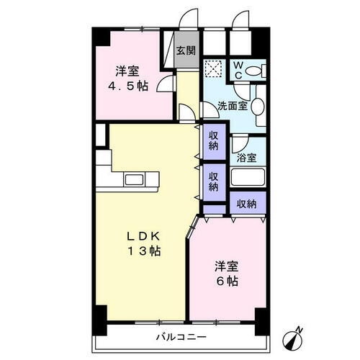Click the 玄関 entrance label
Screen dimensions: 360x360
(x=185, y=50)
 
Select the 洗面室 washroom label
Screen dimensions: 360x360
(x=233, y=106)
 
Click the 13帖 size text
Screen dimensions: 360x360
(x=144, y=251)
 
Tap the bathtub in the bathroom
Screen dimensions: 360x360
(x=248, y=179)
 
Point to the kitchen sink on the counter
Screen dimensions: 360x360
(x=135, y=179)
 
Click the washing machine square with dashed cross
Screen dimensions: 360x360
(x=213, y=68)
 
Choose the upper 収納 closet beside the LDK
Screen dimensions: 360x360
(x=214, y=140)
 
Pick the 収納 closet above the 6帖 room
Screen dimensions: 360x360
(x=246, y=204)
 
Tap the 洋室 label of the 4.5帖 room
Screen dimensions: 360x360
(x=127, y=71)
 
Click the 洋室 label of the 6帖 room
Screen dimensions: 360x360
(x=226, y=265)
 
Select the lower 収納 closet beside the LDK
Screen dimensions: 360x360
(x=214, y=179)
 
